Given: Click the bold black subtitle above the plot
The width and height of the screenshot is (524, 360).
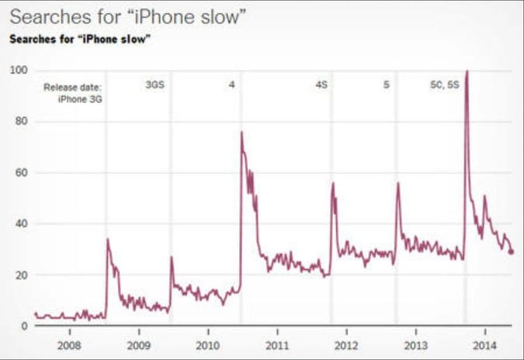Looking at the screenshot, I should [79, 40].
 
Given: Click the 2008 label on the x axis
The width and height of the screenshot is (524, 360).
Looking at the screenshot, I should [70, 344].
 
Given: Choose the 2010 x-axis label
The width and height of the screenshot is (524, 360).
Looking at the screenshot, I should [207, 344].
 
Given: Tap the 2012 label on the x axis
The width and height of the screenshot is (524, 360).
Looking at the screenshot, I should [346, 344].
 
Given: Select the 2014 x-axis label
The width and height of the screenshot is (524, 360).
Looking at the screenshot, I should [484, 344].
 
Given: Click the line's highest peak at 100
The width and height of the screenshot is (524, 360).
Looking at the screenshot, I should [466, 71].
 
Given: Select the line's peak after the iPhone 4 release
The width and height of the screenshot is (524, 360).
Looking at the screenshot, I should [242, 133].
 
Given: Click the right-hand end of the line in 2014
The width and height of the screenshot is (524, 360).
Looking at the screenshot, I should [512, 251].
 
